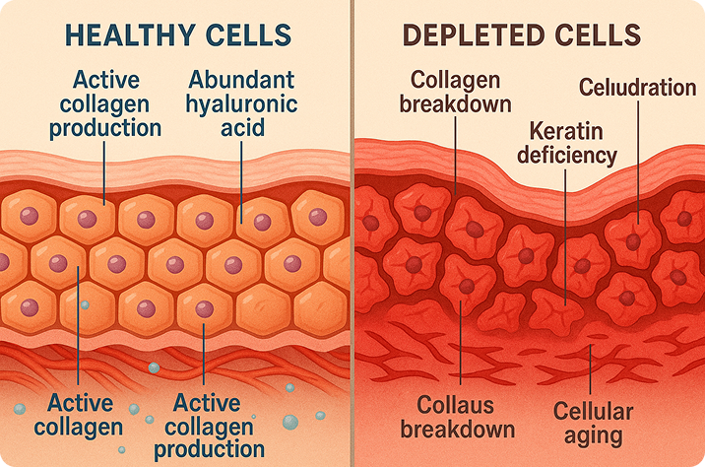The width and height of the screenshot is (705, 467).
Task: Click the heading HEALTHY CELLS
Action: (177, 35)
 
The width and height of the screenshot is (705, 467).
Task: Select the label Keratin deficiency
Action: (573, 143)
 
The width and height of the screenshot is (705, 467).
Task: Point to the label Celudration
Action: (636, 89)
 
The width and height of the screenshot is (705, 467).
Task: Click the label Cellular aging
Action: (593, 422)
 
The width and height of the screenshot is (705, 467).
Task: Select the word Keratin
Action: (573, 130)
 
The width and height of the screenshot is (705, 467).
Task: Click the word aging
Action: (593, 434)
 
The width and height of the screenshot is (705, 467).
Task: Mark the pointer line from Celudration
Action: (636, 158)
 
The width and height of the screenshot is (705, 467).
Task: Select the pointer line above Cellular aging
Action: (589, 369)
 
